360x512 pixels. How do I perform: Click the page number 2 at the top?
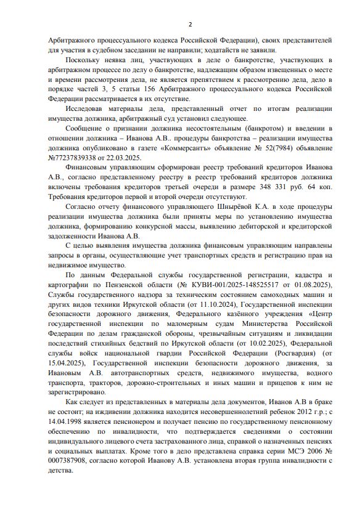(x=190, y=24)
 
